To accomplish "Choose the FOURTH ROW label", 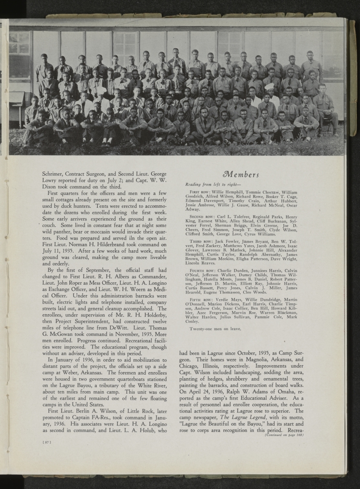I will coord(200,271).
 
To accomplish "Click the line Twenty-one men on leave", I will coord(215,328).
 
